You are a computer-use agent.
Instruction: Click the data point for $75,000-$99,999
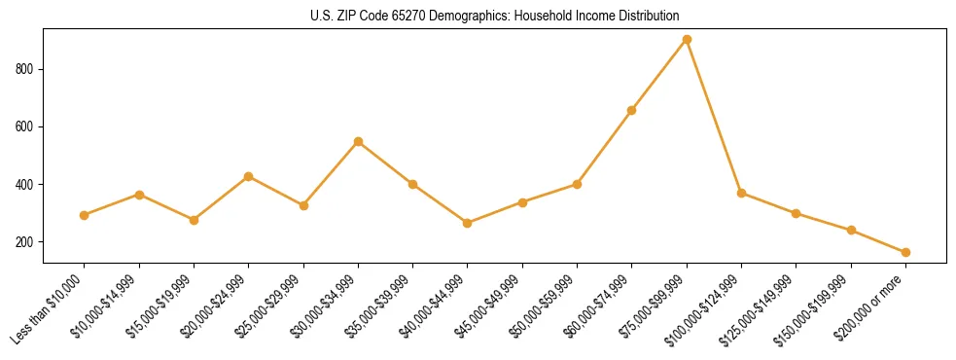point(687,40)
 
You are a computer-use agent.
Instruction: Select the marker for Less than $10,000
point(85,215)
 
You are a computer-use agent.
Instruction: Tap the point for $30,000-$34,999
point(359,142)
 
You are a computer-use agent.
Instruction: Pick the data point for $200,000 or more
point(905,252)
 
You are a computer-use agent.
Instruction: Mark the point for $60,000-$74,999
point(632,111)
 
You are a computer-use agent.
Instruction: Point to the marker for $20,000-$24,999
point(249,177)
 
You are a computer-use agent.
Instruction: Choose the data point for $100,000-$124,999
point(741,194)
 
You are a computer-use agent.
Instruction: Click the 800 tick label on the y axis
point(26,69)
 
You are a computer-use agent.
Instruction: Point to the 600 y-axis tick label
point(26,126)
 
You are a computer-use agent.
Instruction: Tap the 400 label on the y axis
point(26,185)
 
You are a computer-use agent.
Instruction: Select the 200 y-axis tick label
point(26,242)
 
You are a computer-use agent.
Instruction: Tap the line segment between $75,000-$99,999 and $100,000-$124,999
point(714,117)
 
